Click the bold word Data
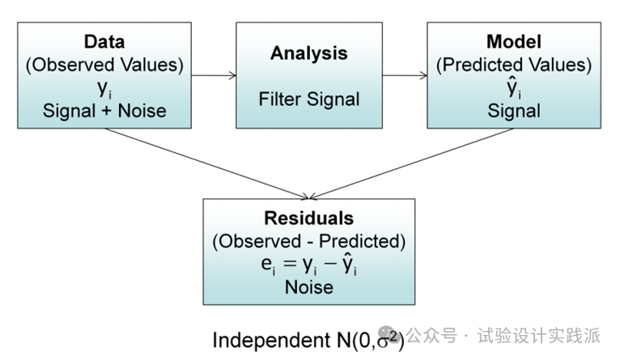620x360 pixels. (104, 41)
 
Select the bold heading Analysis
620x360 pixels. (308, 53)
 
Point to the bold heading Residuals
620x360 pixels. (308, 218)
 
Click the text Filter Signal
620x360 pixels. (308, 100)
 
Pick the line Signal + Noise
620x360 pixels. (104, 111)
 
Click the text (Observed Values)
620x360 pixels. (104, 64)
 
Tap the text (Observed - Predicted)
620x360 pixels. (308, 241)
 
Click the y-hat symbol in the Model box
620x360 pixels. (512, 87)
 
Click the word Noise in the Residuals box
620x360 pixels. (308, 286)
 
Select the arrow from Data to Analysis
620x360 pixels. (214, 76)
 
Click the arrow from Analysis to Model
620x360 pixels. (405, 76)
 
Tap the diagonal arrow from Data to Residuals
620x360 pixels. (206, 162)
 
